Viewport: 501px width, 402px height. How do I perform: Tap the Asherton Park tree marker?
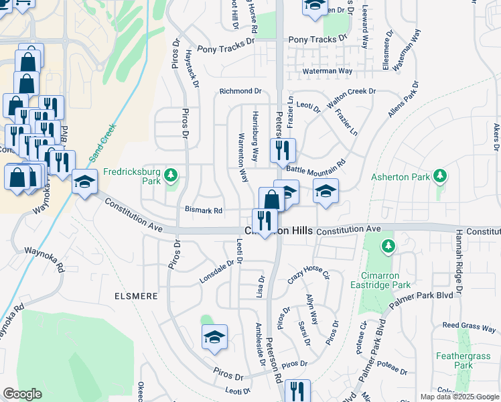coord(439,176)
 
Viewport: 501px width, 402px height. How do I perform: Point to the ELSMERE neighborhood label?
coord(136,295)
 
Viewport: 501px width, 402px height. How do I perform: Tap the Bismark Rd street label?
coord(204,210)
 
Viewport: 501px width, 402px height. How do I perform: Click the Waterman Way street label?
coord(328,71)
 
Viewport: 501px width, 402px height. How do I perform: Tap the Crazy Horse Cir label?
coord(309,275)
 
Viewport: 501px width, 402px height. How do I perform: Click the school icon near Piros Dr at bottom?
coord(214,338)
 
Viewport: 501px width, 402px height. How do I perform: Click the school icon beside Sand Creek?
coord(85,182)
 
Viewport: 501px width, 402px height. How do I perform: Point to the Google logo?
coord(22,394)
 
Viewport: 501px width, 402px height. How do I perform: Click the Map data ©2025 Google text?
coord(459,397)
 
